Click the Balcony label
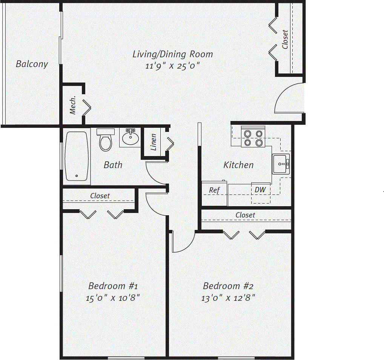(x=32, y=64)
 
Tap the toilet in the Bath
(x=105, y=140)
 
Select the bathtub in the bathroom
(x=77, y=156)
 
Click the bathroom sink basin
(x=131, y=138)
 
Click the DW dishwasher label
(x=260, y=190)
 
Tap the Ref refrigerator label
(x=214, y=190)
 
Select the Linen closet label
(x=154, y=142)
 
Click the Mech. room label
(x=73, y=105)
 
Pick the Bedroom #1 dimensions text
(x=113, y=298)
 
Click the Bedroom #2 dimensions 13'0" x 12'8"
(x=228, y=298)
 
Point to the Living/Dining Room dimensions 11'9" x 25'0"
(x=172, y=66)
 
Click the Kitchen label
(x=238, y=165)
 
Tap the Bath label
(x=113, y=165)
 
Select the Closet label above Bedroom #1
(x=100, y=196)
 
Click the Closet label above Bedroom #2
(x=245, y=215)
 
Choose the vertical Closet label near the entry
(x=285, y=40)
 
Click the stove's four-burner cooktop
(x=252, y=138)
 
